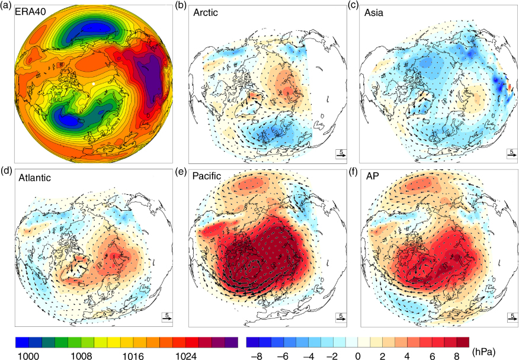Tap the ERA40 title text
[30, 12]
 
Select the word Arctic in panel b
[206, 12]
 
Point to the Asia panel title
[374, 12]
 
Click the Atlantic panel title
[34, 178]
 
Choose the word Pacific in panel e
[207, 176]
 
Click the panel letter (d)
[6, 171]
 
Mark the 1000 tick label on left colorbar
[28, 356]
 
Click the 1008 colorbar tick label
[81, 356]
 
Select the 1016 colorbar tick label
[133, 356]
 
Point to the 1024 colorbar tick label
[185, 356]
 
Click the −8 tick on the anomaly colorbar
[257, 356]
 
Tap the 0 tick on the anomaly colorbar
[357, 356]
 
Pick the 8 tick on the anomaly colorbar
[457, 356]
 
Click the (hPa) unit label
[484, 352]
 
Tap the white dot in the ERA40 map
[94, 84]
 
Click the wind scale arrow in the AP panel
[512, 320]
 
